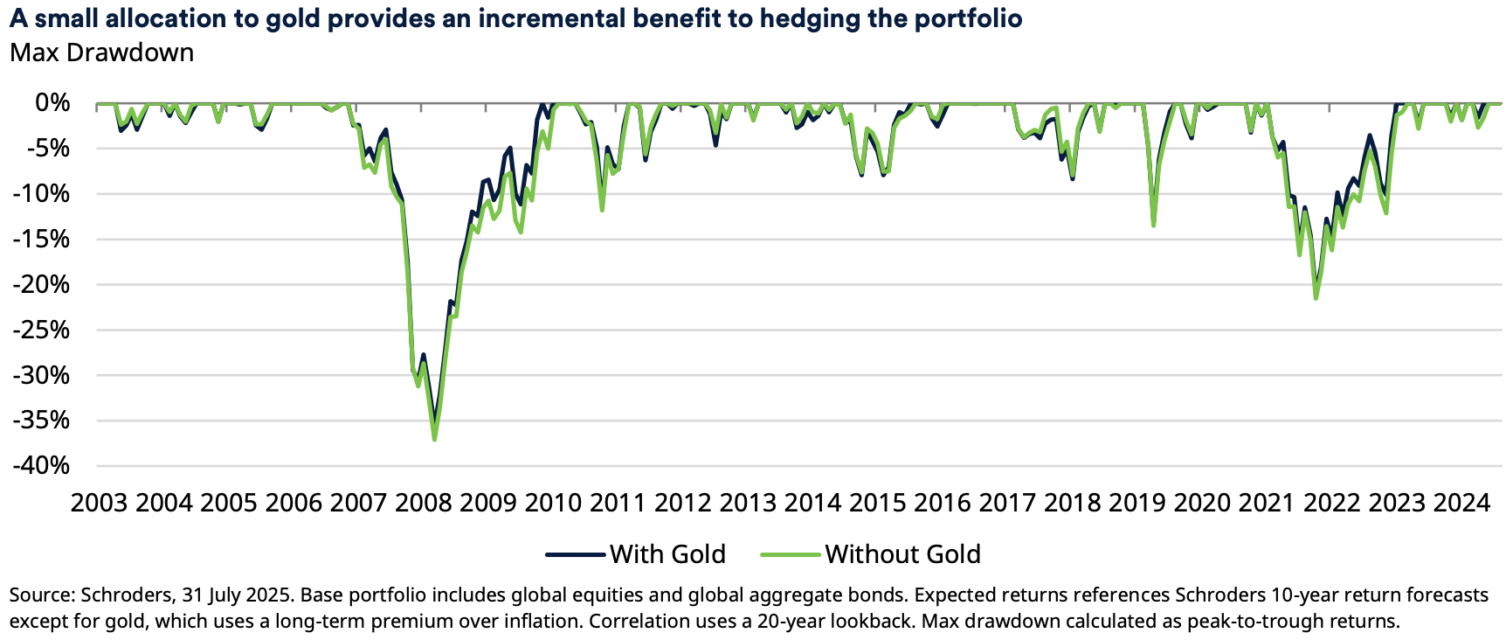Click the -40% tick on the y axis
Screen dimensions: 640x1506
[41, 465]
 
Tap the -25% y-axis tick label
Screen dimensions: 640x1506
[41, 330]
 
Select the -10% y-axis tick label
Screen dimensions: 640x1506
[41, 194]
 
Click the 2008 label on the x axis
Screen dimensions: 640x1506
[424, 503]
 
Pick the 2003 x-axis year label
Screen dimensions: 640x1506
[99, 503]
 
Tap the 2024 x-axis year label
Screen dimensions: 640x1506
[1461, 503]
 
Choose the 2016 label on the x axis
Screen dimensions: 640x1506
[943, 503]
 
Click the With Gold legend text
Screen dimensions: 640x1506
[667, 554]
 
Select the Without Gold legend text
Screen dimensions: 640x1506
[902, 554]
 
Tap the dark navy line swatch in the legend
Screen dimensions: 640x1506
[576, 554]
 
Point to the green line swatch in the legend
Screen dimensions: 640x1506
[791, 554]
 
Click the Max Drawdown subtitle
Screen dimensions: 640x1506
[102, 52]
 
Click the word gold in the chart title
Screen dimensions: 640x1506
[293, 18]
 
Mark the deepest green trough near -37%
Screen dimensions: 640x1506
[434, 439]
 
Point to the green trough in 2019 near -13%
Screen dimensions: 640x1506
[1154, 226]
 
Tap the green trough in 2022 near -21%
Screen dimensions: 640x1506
[1316, 298]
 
